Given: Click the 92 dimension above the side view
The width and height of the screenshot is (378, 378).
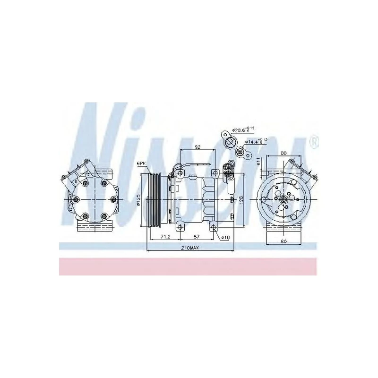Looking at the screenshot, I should (198, 147).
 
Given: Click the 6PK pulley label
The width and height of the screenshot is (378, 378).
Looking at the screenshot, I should (141, 163).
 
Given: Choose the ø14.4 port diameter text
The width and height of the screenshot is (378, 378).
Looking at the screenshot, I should (254, 141).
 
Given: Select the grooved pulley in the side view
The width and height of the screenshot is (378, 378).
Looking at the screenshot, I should (153, 200).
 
